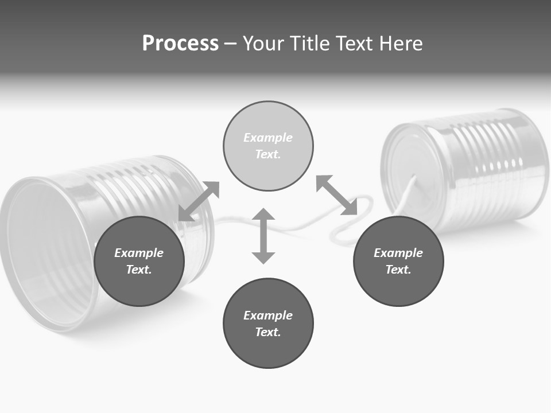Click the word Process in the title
(180, 44)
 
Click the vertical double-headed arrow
(263, 236)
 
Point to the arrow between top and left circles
(199, 201)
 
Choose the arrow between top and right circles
(337, 196)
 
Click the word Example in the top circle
(268, 138)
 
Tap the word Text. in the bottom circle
(268, 332)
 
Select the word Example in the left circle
(139, 253)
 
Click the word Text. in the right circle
(398, 270)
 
